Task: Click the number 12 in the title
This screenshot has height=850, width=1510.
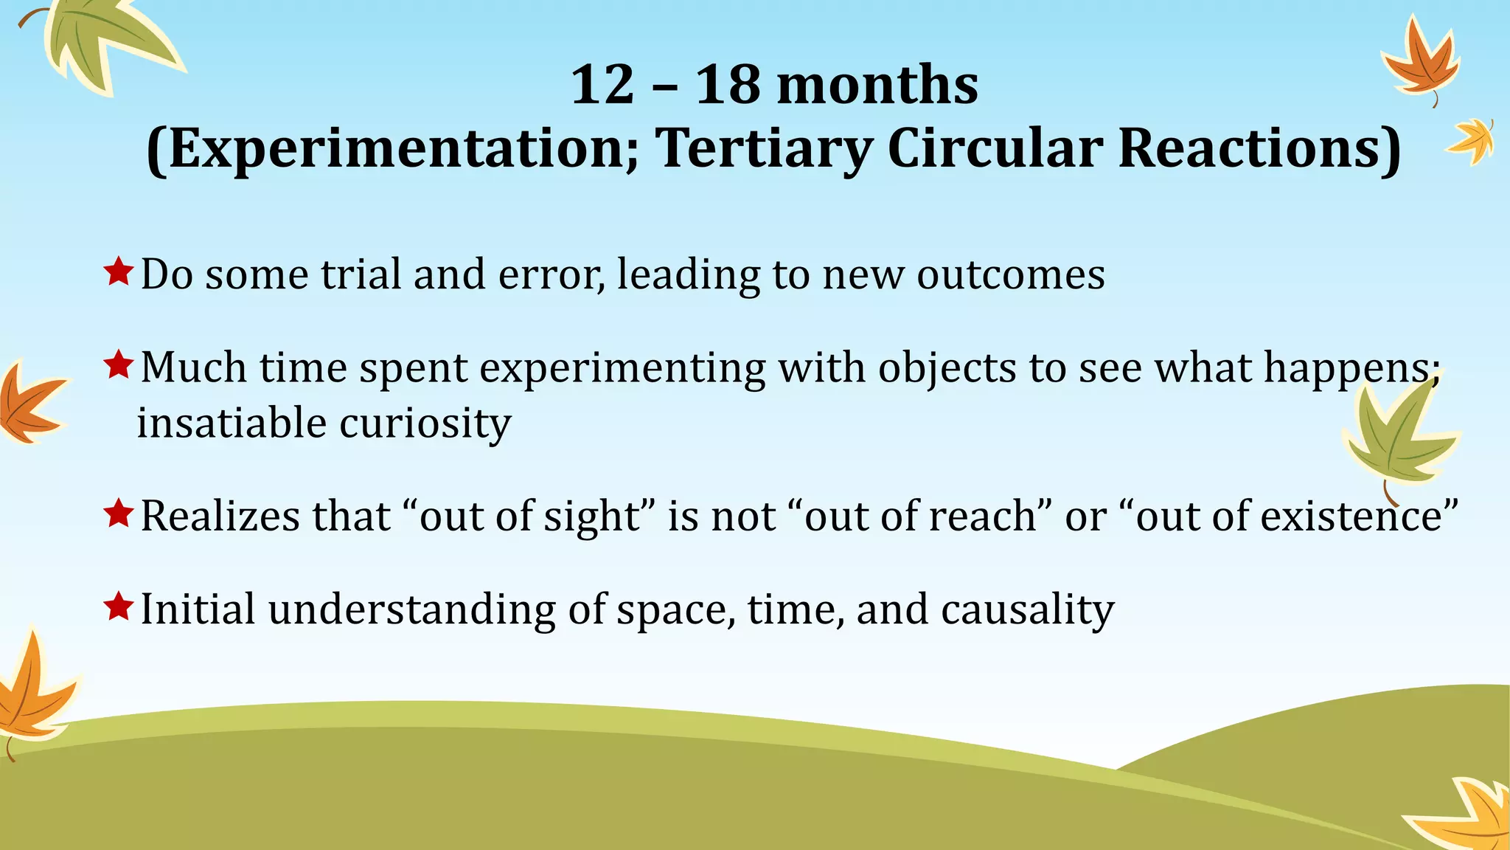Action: [x=602, y=85]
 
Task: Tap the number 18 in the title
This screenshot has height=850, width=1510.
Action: [x=727, y=85]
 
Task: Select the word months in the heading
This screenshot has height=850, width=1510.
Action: [x=877, y=85]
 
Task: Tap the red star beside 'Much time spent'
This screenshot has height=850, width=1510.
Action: [x=118, y=364]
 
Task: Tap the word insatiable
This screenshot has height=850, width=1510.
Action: [x=232, y=424]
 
